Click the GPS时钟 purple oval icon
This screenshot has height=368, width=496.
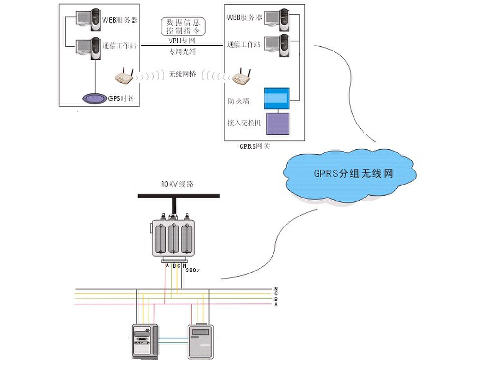pos(94,98)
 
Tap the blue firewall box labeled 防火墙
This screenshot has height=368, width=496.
pos(277,98)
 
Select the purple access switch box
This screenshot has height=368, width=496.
pos(278,124)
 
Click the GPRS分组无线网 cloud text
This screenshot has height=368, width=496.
pos(353,174)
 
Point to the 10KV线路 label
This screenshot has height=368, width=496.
pos(177,184)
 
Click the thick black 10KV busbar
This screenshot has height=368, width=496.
pos(179,196)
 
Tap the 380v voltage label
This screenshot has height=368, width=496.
pos(192,271)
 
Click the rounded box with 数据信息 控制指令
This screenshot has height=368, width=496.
pos(183,26)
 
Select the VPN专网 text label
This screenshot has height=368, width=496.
pos(182,41)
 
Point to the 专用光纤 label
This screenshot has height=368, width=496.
pos(182,51)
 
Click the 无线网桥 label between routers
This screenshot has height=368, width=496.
pos(182,74)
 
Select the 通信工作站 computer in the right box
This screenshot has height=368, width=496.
pos(277,45)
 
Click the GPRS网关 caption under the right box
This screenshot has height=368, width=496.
pos(254,146)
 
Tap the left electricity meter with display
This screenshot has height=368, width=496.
pos(145,341)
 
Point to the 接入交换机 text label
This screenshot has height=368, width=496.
pos(244,123)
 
